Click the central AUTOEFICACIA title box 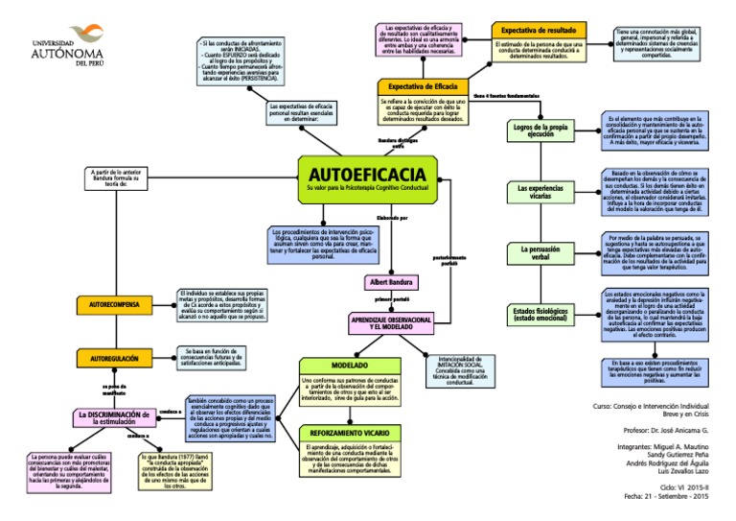(x=368, y=180)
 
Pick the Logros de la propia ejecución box (x=540, y=130)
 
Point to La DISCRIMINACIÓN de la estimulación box (x=113, y=416)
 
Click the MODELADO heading (x=350, y=366)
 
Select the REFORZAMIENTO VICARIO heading (x=350, y=435)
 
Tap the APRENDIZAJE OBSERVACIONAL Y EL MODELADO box (x=391, y=321)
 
